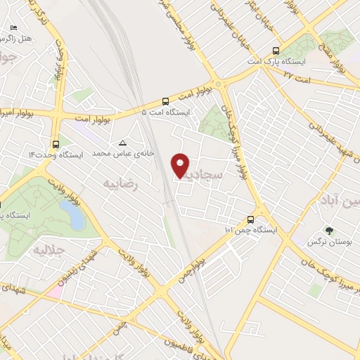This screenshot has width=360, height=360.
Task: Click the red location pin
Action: (181, 165)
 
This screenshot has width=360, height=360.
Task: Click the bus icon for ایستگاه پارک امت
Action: (275, 51)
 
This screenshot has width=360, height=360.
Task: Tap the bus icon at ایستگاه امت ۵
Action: (165, 101)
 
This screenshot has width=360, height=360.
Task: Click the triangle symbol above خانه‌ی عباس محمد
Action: (123, 142)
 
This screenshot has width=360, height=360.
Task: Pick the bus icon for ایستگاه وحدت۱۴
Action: (56, 142)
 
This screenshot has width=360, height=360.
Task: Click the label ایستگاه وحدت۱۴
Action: (56, 153)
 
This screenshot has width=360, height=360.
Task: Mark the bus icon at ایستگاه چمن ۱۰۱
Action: (251, 219)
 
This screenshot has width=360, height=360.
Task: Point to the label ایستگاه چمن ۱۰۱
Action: (252, 230)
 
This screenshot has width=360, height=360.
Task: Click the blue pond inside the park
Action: (70, 210)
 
